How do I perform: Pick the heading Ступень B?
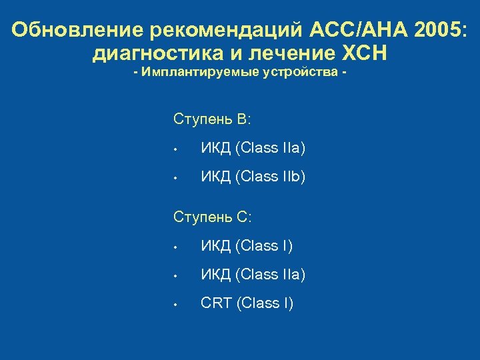point(212,119)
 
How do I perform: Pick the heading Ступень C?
point(212,217)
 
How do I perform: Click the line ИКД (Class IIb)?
point(253,177)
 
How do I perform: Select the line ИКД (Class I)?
point(247,246)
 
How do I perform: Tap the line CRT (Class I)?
point(247,303)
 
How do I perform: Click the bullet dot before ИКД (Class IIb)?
point(173,178)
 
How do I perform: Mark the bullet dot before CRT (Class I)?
point(173,305)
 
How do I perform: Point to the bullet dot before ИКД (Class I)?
point(173,247)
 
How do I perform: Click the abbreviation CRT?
point(216,303)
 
